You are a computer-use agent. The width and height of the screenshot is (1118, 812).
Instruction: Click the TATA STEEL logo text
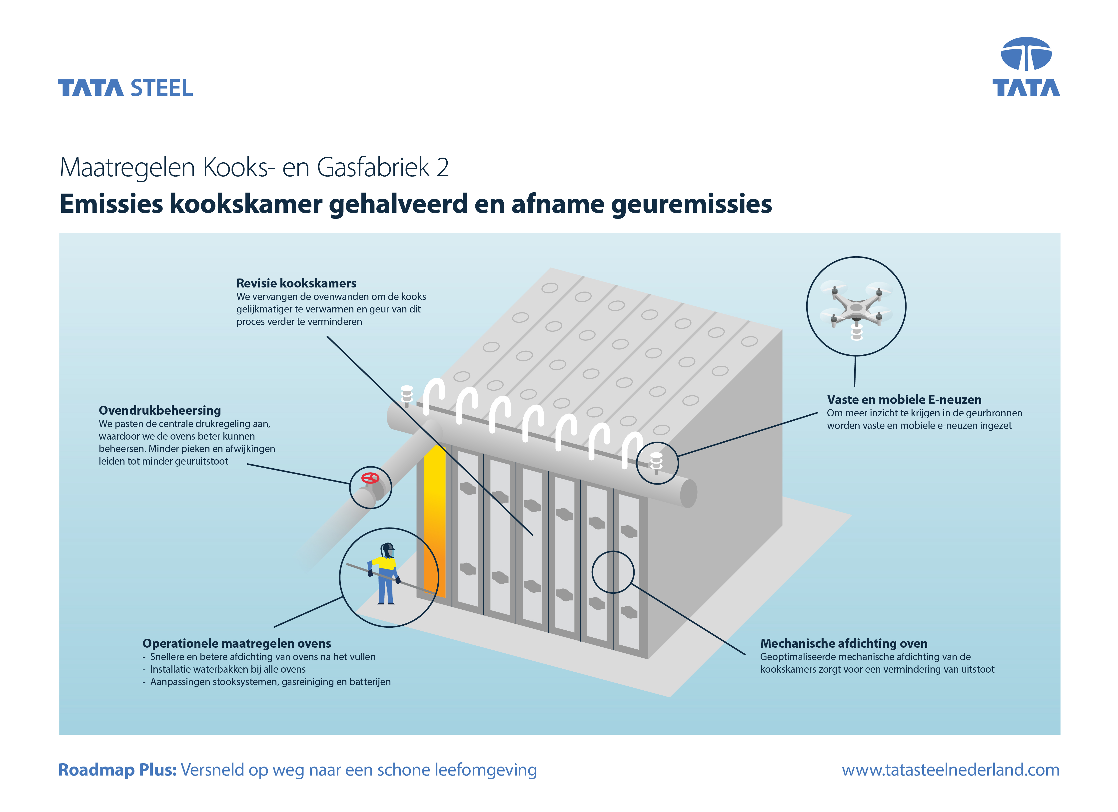click(x=125, y=88)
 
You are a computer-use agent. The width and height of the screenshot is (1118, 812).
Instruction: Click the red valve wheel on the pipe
click(x=370, y=478)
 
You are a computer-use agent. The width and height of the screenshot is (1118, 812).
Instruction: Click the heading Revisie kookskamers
click(x=296, y=283)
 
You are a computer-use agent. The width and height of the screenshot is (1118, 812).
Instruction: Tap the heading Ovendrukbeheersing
click(x=160, y=410)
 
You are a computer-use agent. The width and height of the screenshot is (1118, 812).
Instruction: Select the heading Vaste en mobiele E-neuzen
click(x=904, y=400)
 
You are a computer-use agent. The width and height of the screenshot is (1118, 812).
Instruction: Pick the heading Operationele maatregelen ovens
click(x=237, y=643)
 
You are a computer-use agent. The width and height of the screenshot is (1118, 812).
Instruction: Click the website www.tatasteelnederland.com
click(x=950, y=770)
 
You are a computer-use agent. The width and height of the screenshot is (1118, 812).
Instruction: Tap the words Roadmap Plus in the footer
click(x=117, y=770)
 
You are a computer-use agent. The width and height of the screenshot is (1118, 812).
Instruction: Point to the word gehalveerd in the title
click(x=398, y=204)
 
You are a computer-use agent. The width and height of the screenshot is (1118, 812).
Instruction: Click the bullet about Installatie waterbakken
click(x=224, y=669)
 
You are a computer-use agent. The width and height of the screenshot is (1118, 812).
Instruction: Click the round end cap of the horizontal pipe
click(x=689, y=493)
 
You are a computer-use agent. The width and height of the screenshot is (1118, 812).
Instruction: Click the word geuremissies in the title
click(x=691, y=204)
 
